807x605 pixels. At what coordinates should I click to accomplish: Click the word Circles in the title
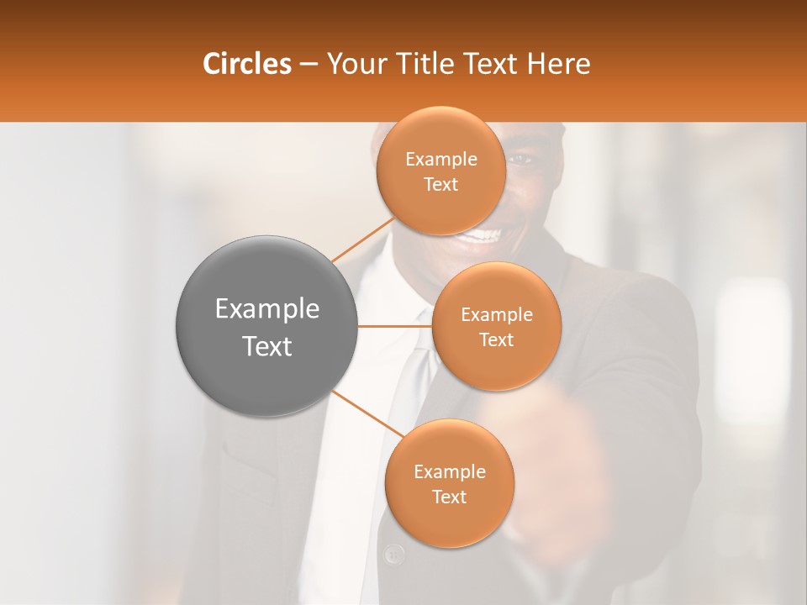tap(247, 64)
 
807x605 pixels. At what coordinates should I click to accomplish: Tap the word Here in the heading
tap(559, 64)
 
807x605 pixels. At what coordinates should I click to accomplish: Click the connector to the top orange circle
tap(363, 239)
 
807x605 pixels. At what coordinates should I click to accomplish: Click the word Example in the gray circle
tap(267, 309)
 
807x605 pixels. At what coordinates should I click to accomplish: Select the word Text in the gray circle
tap(267, 345)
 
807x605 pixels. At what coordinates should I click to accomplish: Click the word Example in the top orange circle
tap(440, 160)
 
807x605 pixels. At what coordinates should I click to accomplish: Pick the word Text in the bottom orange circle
tap(449, 497)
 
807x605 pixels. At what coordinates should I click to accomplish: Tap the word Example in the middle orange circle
tap(496, 315)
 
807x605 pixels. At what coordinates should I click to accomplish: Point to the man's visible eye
tap(520, 159)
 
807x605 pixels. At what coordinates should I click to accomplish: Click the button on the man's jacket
tap(393, 554)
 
